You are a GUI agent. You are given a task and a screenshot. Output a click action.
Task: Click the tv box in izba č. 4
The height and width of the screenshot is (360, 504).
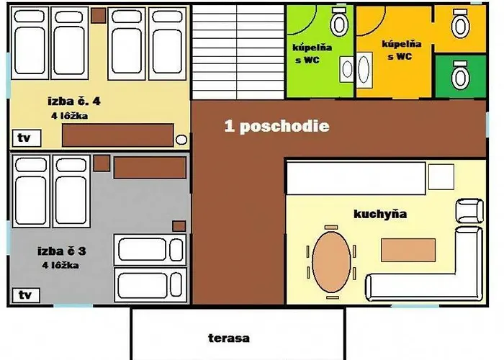point(27,138)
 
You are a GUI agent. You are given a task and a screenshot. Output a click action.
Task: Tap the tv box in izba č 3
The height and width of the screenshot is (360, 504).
point(26,295)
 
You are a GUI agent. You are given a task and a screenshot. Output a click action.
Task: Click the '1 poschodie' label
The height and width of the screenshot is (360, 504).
point(276,126)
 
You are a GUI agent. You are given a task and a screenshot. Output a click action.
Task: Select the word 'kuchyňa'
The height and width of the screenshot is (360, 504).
point(380,214)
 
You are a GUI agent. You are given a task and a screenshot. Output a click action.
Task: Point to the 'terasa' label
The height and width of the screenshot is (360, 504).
point(229,338)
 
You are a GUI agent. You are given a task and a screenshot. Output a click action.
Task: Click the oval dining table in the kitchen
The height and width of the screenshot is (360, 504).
point(331,262)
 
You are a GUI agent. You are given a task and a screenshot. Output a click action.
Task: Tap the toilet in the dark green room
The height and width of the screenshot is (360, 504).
point(460,75)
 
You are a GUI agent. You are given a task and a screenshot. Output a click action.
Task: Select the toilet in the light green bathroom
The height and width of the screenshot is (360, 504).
point(339,21)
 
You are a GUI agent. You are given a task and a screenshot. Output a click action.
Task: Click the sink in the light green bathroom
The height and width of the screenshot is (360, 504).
point(347,69)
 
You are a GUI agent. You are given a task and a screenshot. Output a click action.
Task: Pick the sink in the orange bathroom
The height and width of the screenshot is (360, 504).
point(364,69)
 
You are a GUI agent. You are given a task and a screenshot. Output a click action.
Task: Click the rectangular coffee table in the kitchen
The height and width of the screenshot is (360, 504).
point(408,250)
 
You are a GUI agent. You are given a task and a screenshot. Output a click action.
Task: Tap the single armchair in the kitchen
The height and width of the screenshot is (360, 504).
point(469,211)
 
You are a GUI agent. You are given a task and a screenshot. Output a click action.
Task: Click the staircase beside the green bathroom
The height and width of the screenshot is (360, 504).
point(238,52)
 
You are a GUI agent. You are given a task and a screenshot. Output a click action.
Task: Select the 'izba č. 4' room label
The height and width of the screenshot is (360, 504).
point(74,102)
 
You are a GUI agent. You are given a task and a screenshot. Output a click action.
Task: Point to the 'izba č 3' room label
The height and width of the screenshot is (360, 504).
point(62,251)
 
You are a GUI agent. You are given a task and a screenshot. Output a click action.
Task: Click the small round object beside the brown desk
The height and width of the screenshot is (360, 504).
point(181,140)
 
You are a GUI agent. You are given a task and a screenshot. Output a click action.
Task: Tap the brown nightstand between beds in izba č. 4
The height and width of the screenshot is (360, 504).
point(99,15)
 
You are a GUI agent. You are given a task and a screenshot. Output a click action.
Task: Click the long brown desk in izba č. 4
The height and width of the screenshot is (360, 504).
point(117,135)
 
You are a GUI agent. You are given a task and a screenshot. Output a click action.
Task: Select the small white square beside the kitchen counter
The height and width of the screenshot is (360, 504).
point(441,177)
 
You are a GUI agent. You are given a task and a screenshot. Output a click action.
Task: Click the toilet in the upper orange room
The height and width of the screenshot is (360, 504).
point(460,24)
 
